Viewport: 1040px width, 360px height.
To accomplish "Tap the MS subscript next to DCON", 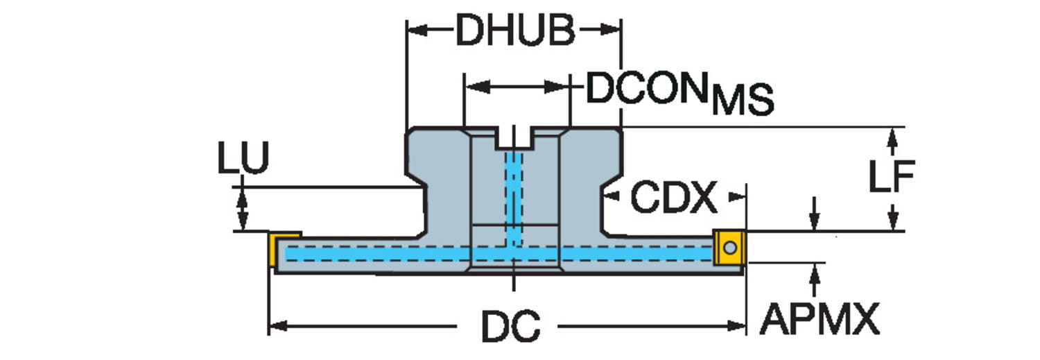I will pos(743,100).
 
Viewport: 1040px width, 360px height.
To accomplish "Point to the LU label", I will pos(243,160).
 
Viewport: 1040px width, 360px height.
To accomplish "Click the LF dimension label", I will pos(892,177).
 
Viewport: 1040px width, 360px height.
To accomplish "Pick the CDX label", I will pos(673,199).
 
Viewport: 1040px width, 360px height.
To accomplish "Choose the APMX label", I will pos(820,319).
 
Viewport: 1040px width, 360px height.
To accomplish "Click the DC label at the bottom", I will pos(511,325).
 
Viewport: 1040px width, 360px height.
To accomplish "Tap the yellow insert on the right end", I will pos(728,247).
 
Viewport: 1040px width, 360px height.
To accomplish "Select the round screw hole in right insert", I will pos(729,247).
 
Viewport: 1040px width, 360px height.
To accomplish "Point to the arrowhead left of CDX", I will pos(611,198).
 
